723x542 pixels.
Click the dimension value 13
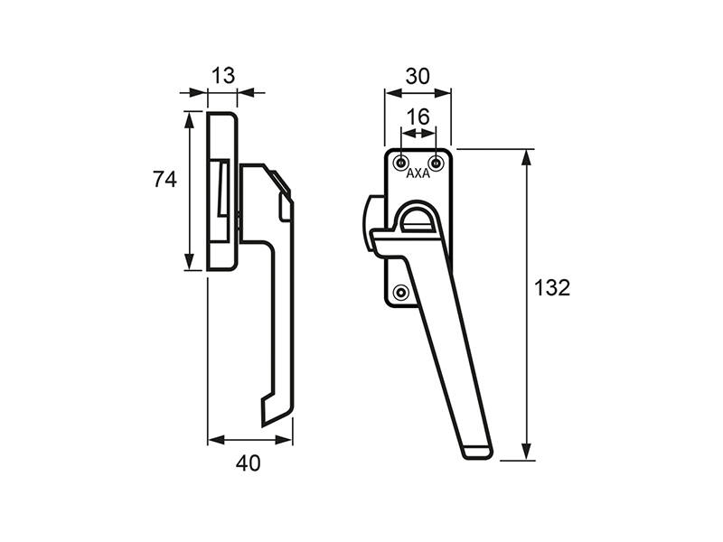(x=223, y=76)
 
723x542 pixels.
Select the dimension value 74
(x=164, y=179)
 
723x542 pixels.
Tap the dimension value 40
(x=248, y=463)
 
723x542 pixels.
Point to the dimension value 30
(x=418, y=77)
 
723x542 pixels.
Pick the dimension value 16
(x=418, y=117)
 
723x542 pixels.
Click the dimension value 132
(x=552, y=288)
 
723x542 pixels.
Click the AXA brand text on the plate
(x=418, y=173)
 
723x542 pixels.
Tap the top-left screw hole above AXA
(x=401, y=163)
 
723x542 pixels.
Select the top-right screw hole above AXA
(x=436, y=163)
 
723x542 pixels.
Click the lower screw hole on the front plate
(x=401, y=292)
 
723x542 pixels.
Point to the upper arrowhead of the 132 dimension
(x=526, y=157)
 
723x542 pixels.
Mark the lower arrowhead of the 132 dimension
(x=526, y=452)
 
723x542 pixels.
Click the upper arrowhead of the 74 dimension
(x=189, y=119)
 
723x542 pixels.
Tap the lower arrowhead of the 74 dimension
(x=189, y=262)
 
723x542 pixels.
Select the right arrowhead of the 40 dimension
(x=284, y=440)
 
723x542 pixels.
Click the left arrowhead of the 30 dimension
(x=394, y=94)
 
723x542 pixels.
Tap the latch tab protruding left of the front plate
(x=374, y=223)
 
